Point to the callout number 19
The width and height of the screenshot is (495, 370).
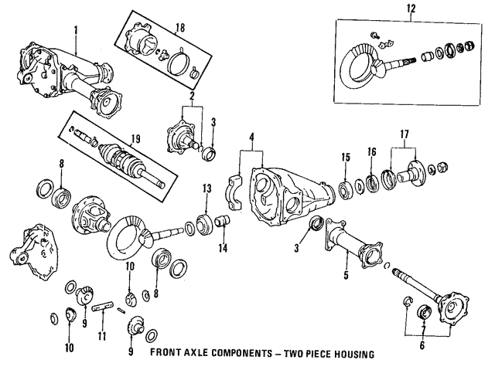(135, 140)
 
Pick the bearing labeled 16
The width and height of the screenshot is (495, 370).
(372, 184)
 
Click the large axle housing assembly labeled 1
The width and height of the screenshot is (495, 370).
(66, 77)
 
